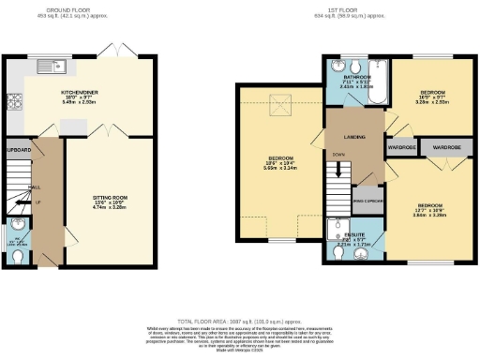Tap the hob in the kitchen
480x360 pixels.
point(15,102)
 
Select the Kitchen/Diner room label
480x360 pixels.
point(81,93)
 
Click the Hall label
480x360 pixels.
point(35,187)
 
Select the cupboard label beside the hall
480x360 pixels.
point(19,149)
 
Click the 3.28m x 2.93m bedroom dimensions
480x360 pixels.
point(432,102)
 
